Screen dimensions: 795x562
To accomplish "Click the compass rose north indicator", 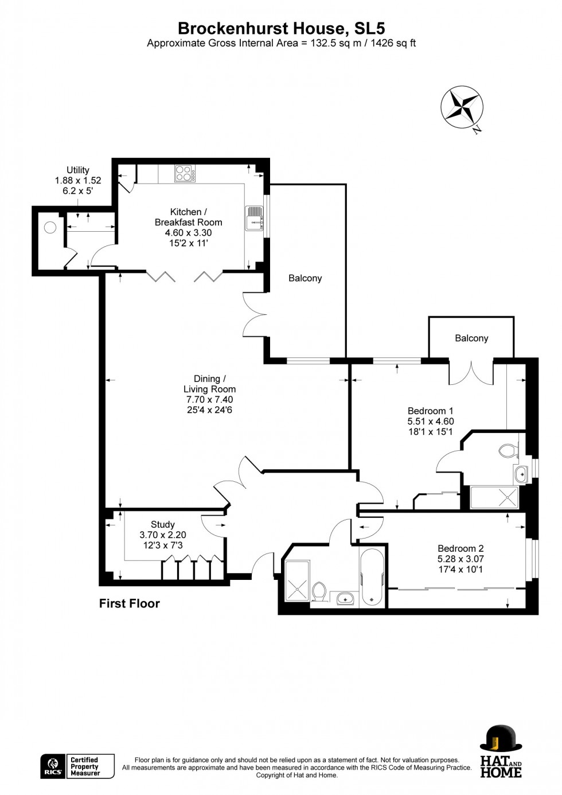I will [462, 107].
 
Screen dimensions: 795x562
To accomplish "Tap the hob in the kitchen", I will [185, 173].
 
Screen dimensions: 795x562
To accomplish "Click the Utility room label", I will [78, 170].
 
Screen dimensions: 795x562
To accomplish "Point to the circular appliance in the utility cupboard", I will [50, 227].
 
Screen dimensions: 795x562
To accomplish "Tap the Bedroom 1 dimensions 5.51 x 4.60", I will [430, 421].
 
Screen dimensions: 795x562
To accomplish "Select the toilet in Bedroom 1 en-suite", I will [508, 451].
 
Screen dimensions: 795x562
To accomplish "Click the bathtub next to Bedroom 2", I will [372, 577].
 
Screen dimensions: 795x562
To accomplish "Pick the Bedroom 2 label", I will [460, 548].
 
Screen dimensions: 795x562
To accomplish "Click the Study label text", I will [163, 524].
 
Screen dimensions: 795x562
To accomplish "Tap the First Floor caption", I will [129, 603].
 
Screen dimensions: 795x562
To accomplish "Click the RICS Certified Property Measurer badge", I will [77, 766].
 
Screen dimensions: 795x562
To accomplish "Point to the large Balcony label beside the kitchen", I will [305, 278].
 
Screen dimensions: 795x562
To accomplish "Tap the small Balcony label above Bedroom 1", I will [471, 338].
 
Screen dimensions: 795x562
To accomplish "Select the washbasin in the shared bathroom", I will [345, 599].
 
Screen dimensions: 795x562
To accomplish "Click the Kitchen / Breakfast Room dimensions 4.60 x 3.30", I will [188, 232].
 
